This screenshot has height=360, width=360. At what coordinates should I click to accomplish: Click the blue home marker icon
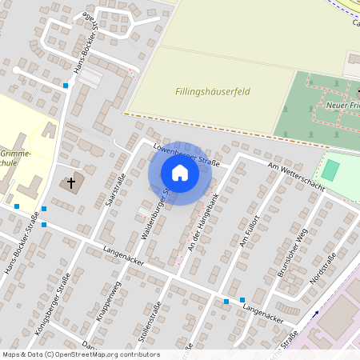tap(180, 173)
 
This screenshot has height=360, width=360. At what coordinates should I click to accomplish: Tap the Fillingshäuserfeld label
tap(213, 92)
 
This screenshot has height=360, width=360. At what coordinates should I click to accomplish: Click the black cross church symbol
tap(70, 184)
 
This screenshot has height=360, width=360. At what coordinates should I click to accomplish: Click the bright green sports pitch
tap(330, 170)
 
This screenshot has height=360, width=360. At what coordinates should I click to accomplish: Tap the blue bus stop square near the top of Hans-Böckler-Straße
tap(66, 85)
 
